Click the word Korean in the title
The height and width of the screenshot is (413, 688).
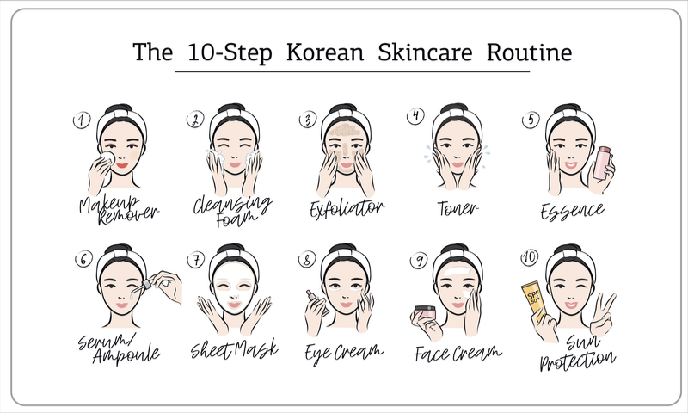(x=325, y=52)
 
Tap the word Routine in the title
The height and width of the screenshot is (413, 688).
(x=529, y=52)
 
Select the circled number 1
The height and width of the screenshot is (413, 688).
(x=82, y=120)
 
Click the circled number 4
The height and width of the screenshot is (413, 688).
(x=415, y=116)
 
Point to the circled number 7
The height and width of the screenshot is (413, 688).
(x=196, y=260)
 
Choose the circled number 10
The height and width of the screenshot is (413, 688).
(x=530, y=257)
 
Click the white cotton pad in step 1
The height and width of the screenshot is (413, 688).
(x=107, y=158)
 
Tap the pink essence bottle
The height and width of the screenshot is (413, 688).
(x=601, y=163)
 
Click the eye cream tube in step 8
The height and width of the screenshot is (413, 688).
(x=316, y=302)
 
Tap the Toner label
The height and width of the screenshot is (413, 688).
(x=458, y=208)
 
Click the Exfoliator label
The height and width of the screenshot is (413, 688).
(x=347, y=208)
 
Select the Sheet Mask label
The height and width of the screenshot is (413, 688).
(x=234, y=349)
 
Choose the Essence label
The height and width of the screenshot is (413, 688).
(x=572, y=211)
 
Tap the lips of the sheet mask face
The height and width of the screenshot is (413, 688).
(x=234, y=304)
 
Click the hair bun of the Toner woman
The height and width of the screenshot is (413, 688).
(x=455, y=107)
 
